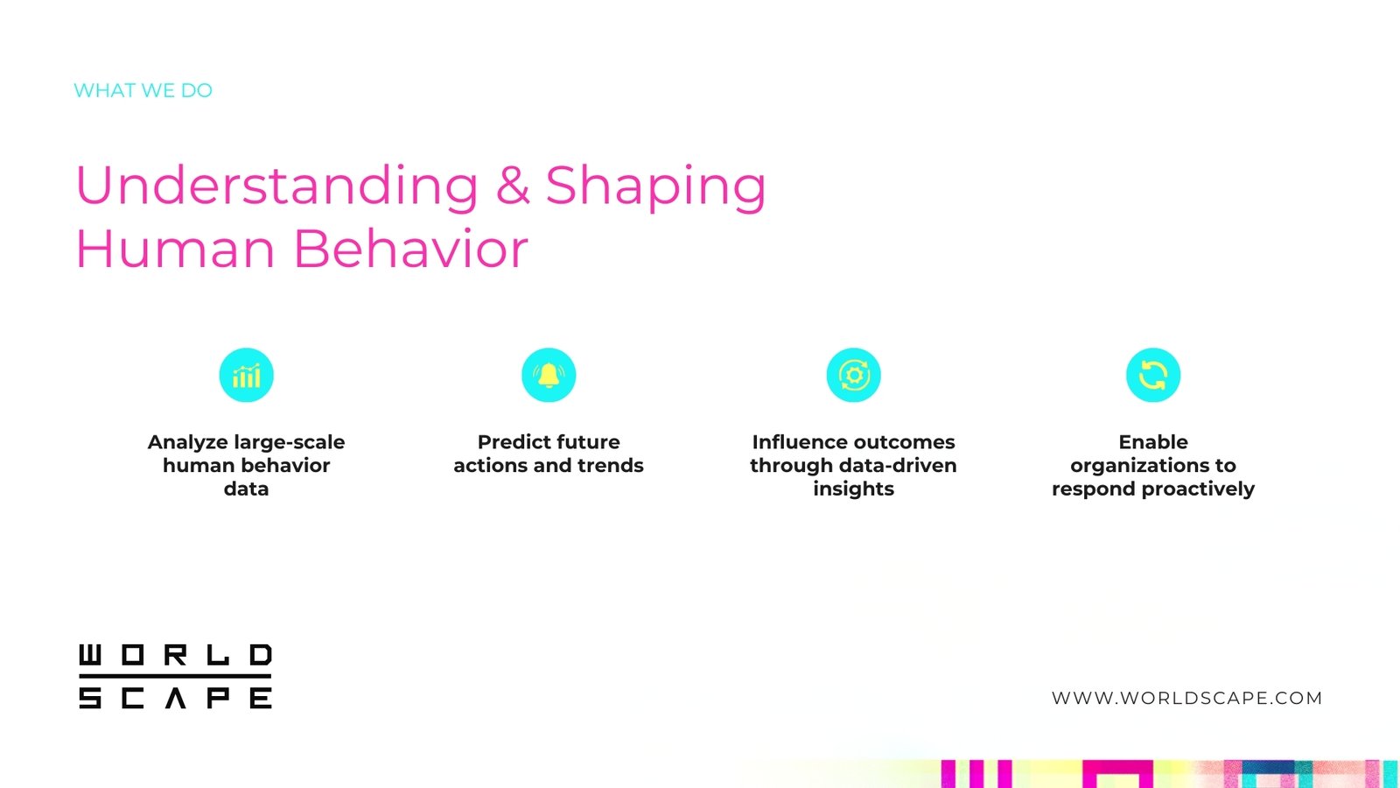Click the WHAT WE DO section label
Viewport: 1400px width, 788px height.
click(x=143, y=91)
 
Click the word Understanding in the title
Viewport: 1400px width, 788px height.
click(x=276, y=185)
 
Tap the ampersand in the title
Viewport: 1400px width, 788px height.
click(x=513, y=185)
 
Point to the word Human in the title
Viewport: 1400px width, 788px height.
click(x=175, y=249)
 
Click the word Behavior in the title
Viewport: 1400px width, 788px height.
click(x=410, y=249)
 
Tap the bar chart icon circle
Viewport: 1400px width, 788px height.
click(x=246, y=376)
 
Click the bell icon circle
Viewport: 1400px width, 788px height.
click(x=549, y=376)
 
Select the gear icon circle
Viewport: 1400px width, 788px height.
click(x=854, y=376)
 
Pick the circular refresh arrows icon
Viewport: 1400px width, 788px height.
click(x=1153, y=376)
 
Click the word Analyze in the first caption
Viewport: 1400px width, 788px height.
click(x=188, y=443)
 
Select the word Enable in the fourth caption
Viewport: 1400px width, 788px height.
click(x=1153, y=442)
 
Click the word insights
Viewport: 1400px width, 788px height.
click(x=854, y=489)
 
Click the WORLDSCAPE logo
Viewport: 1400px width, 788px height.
click(x=176, y=677)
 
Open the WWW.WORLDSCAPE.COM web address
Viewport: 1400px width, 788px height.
click(x=1186, y=698)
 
